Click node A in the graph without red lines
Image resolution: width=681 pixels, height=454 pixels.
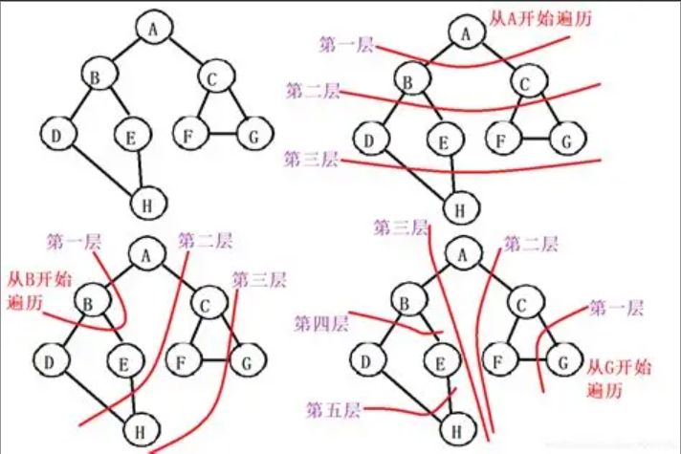[x=152, y=28]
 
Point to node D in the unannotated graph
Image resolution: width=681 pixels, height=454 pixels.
[x=56, y=136]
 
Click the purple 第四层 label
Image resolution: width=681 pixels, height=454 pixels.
[x=320, y=322]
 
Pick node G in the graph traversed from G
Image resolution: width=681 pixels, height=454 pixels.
[x=562, y=362]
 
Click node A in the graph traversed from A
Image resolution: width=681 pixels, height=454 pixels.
[x=466, y=34]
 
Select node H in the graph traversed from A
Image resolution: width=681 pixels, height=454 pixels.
[x=460, y=205]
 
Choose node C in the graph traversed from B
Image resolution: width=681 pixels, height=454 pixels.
[x=205, y=305]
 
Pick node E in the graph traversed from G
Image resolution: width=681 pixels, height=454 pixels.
[x=439, y=361]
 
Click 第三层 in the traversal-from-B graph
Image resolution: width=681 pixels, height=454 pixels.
[x=258, y=280]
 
